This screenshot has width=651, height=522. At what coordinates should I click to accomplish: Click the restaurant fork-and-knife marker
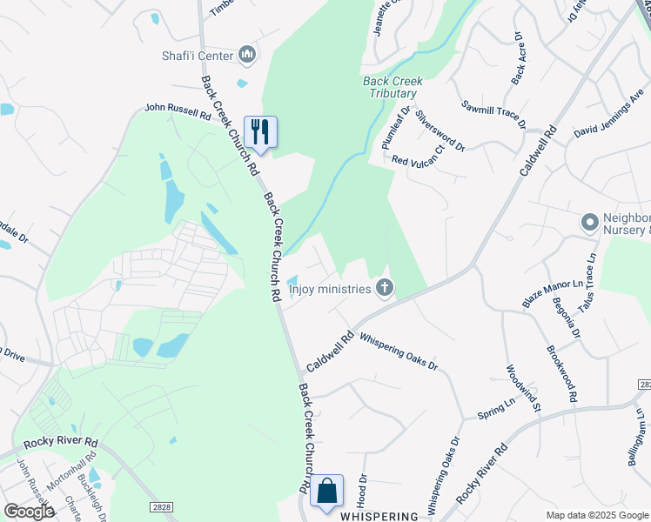(260, 131)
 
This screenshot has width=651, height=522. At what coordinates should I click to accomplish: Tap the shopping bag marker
(326, 491)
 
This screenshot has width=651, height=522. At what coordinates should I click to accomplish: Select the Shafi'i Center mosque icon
(247, 56)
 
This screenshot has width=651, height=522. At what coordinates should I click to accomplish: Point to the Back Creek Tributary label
(393, 87)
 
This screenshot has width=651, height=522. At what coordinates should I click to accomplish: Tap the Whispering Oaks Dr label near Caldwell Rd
(399, 352)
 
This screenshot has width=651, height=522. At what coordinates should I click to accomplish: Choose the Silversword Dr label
(440, 130)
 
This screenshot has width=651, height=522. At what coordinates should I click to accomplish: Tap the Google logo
(29, 511)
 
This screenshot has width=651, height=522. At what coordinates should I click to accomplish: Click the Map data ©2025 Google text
(597, 515)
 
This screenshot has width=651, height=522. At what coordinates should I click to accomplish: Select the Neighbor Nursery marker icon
(591, 224)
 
